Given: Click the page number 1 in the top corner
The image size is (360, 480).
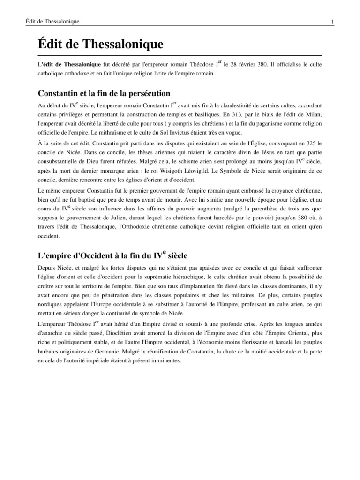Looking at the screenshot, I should point(332,22).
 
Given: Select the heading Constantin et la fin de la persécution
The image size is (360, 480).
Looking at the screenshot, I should point(104,93).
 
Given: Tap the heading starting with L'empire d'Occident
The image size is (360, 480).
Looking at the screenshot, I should point(112,255).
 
